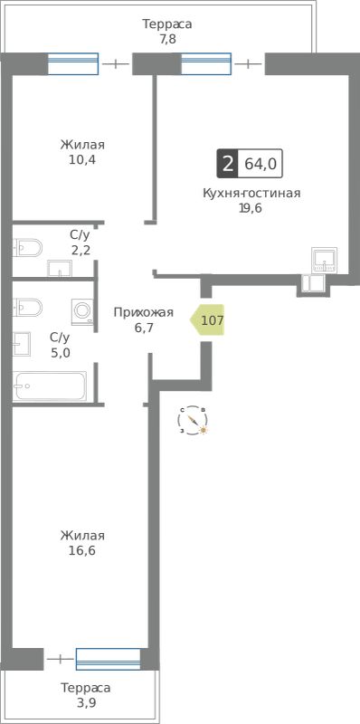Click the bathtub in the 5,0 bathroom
click(x=50, y=386)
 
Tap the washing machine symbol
click(x=82, y=311)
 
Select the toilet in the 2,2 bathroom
click(x=27, y=247)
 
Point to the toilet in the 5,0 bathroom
click(x=27, y=307)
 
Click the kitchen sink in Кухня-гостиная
click(x=325, y=261)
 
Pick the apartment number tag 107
click(x=208, y=319)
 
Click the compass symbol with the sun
click(x=193, y=420)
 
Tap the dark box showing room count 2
click(x=227, y=164)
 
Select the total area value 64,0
click(x=261, y=164)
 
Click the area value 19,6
click(x=251, y=208)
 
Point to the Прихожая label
click(x=144, y=312)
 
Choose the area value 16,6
click(x=82, y=551)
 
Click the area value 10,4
click(x=82, y=160)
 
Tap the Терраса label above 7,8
click(x=167, y=24)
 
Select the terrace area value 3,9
click(x=86, y=703)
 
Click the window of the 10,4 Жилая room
click(x=73, y=63)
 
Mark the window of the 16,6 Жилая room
click(x=108, y=659)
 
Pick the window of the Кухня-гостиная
click(x=206, y=63)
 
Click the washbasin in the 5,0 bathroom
click(x=22, y=344)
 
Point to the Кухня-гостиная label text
click(x=251, y=193)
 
